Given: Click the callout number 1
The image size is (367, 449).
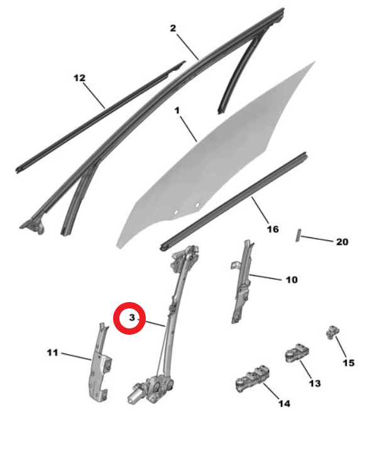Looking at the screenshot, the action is click(177, 111).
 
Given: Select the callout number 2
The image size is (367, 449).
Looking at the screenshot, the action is click(173, 28).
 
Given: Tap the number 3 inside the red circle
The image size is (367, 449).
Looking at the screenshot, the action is click(132, 317).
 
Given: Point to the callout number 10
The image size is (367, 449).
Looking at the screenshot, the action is click(292, 280).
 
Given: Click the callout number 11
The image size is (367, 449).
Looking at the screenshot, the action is click(52, 352).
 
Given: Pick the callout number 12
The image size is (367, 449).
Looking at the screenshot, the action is click(79, 78).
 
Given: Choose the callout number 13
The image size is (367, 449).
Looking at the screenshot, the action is click(315, 383).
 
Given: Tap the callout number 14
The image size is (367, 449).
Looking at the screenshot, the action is click(284, 403).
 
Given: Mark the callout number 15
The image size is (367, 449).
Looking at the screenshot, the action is click(348, 363).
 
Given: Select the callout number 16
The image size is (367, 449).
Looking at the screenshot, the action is click(273, 229).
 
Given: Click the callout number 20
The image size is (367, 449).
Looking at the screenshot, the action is click(342, 242).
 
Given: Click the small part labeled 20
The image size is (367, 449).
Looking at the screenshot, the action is click(298, 235).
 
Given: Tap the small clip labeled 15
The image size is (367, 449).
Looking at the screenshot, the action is click(332, 332).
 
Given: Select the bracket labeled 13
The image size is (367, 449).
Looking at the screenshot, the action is click(297, 352).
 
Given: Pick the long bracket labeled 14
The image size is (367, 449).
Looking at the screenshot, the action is click(253, 379).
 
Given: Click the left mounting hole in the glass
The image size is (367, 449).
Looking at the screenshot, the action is click(177, 212).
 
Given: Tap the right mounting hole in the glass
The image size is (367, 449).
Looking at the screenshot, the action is click(197, 205).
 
